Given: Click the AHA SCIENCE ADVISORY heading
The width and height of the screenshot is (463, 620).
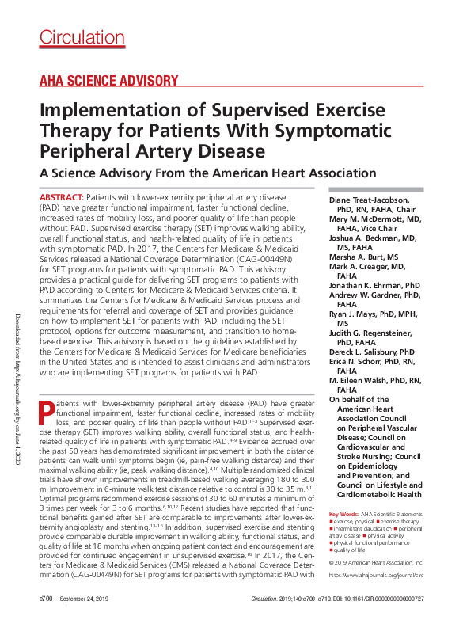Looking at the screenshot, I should point(108,80).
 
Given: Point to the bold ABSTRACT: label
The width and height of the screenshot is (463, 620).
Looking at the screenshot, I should point(60,196).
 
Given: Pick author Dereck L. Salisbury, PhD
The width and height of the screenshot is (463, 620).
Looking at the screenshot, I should point(371,351).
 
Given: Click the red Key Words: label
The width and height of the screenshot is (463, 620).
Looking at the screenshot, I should point(343,515).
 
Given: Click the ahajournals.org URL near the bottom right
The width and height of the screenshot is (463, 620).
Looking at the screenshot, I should point(375,576).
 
